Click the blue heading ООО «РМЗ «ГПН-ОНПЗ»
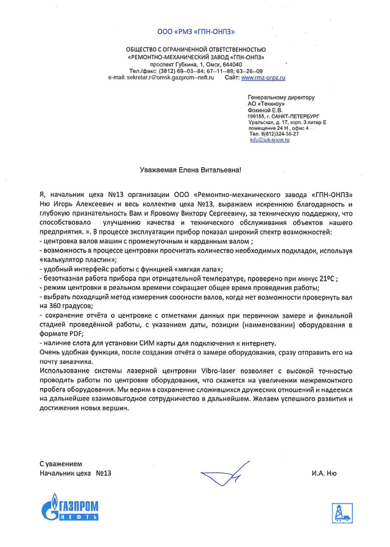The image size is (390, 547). coord(196,31)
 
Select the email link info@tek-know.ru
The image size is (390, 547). coord(269,140)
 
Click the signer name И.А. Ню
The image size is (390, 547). coord(323,473)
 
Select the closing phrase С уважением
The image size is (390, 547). coord(61,463)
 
